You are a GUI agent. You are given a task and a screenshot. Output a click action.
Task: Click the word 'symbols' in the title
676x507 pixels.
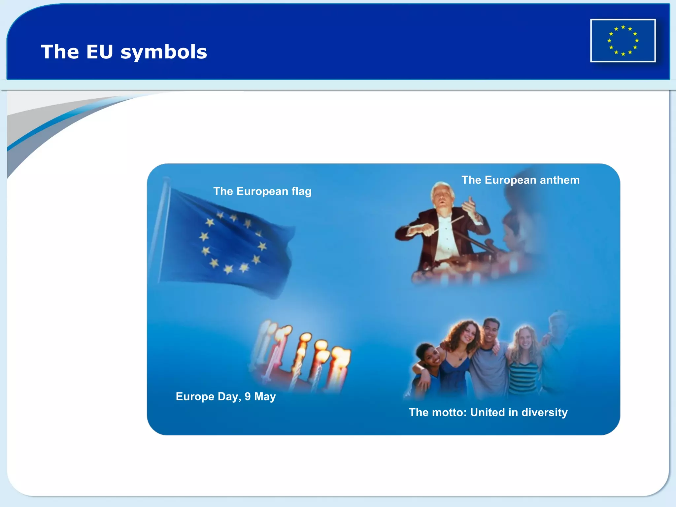click(164, 52)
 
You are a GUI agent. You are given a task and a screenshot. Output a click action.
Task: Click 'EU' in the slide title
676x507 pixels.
click(99, 52)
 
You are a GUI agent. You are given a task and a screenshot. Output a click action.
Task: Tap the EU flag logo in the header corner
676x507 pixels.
click(623, 41)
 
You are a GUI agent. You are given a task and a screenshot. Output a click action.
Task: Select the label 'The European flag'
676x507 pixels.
click(262, 191)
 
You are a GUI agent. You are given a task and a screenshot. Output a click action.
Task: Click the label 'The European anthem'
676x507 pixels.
click(520, 180)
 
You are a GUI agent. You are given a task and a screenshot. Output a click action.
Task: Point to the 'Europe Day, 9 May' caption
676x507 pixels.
click(225, 396)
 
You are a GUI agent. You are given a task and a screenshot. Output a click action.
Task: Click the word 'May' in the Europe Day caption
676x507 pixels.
click(265, 396)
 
